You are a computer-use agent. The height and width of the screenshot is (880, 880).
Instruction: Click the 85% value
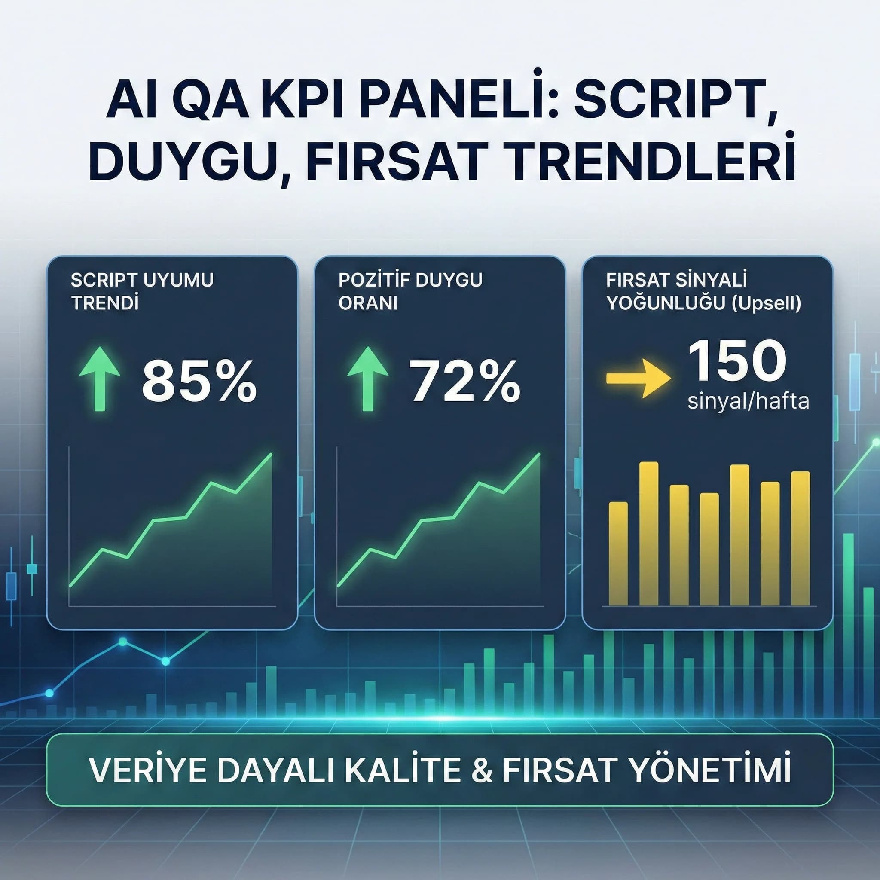pyautogui.click(x=199, y=381)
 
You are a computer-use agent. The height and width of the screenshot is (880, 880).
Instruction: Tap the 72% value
pyautogui.click(x=465, y=381)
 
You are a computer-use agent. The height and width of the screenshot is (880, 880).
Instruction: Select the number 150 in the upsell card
pyautogui.click(x=737, y=362)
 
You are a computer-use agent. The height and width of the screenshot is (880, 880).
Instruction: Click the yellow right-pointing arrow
pyautogui.click(x=638, y=378)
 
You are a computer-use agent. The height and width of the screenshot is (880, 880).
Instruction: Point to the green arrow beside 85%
pyautogui.click(x=100, y=378)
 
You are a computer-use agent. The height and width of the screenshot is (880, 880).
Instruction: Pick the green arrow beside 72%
pyautogui.click(x=367, y=378)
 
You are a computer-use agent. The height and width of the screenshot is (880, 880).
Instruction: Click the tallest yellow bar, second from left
pyautogui.click(x=648, y=534)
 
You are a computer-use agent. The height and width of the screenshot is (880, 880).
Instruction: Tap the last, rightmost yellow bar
pyautogui.click(x=800, y=538)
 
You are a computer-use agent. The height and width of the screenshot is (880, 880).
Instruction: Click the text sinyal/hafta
pyautogui.click(x=748, y=402)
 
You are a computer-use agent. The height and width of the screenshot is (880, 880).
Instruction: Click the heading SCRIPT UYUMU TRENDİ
pyautogui.click(x=142, y=291)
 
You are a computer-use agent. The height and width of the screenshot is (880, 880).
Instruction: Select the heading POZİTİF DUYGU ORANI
pyautogui.click(x=410, y=291)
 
